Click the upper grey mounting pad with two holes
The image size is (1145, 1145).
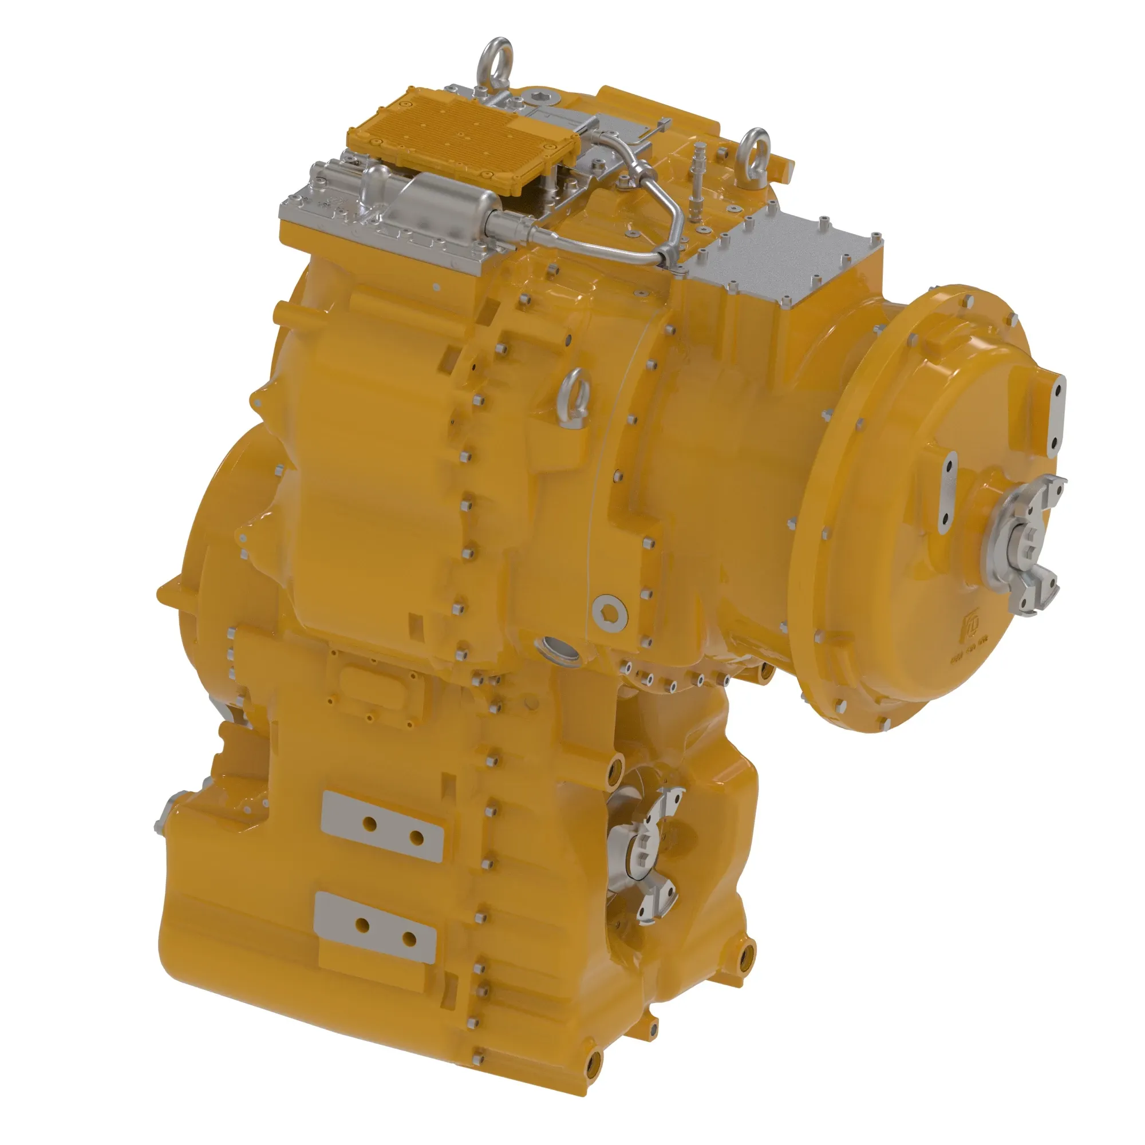pyautogui.click(x=382, y=827)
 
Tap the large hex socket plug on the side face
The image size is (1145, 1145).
pyautogui.click(x=610, y=610)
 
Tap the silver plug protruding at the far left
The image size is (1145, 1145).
pyautogui.click(x=164, y=815)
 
